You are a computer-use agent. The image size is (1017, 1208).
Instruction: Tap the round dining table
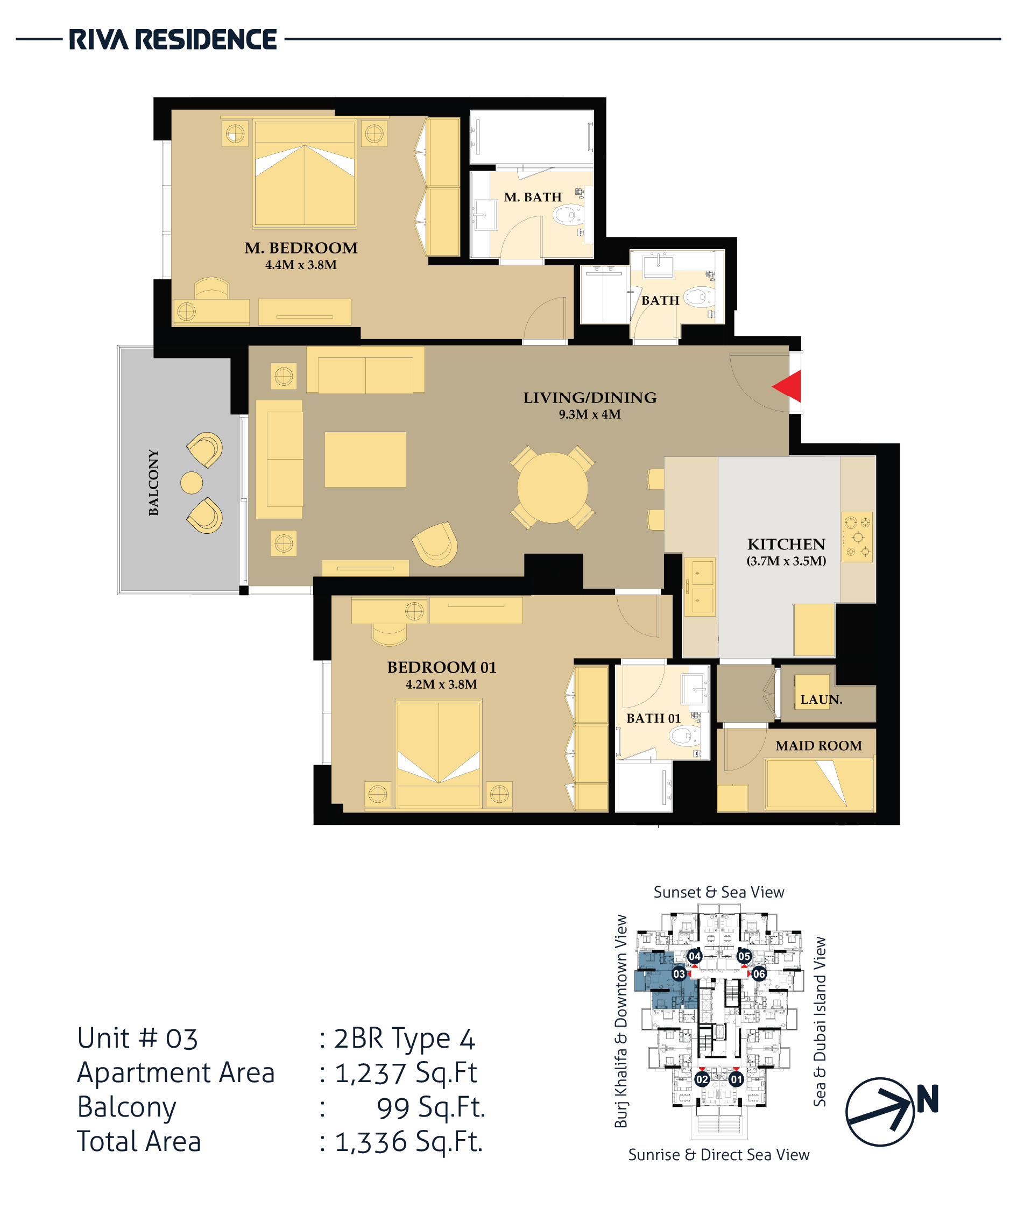(x=552, y=488)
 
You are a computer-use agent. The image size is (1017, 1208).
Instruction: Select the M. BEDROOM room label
(x=301, y=248)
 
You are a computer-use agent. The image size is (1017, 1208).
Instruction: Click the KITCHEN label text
(x=786, y=544)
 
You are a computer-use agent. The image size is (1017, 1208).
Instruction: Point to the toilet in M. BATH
(x=567, y=215)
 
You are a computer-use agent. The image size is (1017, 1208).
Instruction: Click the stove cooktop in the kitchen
(x=857, y=538)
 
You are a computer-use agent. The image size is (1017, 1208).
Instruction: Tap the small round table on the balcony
(x=192, y=483)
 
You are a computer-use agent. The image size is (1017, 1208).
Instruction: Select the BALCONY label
(x=153, y=482)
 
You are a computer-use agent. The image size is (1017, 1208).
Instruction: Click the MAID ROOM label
(x=818, y=746)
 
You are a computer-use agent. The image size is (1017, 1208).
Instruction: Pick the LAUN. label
(x=822, y=700)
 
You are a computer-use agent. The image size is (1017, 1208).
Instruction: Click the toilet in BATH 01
(x=683, y=736)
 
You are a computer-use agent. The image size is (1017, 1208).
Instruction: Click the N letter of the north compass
(x=928, y=1098)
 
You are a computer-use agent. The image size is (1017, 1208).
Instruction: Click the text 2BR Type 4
(x=404, y=1039)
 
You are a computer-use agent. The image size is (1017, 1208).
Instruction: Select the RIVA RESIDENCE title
(x=173, y=40)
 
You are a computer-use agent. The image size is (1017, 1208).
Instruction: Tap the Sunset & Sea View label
(x=719, y=892)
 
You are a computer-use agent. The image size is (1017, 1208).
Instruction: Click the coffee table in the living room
(x=365, y=460)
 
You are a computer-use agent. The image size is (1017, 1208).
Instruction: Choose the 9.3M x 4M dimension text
(x=590, y=414)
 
